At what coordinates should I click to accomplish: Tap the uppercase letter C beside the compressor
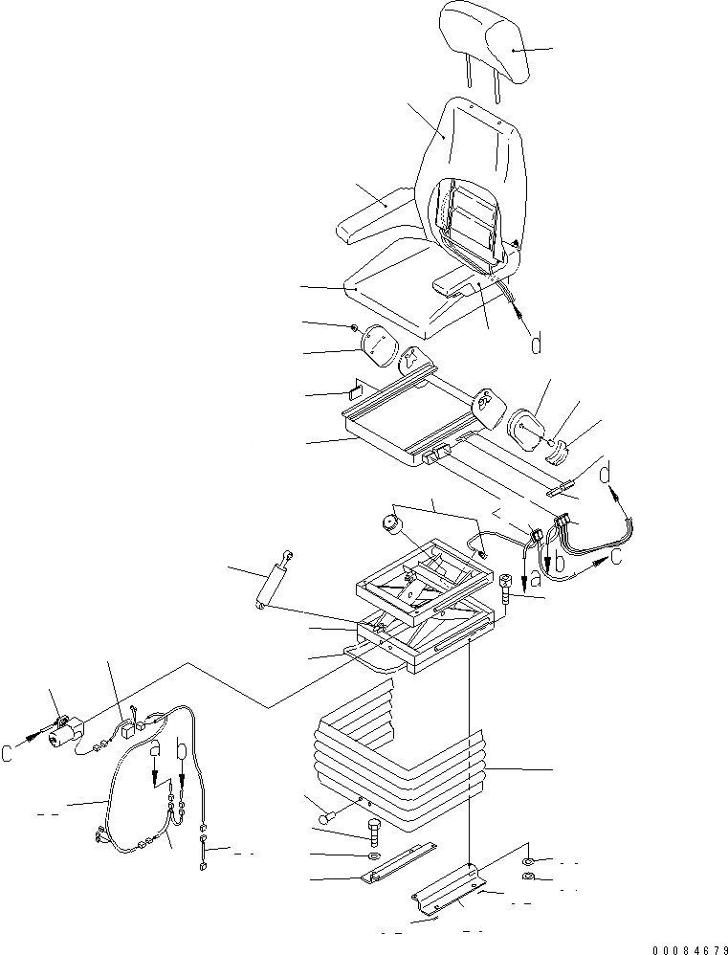click(x=9, y=753)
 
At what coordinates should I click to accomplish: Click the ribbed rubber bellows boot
click(x=402, y=756)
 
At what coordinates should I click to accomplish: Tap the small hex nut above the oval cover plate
click(x=355, y=328)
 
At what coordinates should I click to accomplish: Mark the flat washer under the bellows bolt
click(x=373, y=854)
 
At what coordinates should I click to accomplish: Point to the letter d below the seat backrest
click(x=537, y=343)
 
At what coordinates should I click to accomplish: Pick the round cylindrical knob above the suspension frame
click(x=390, y=523)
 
